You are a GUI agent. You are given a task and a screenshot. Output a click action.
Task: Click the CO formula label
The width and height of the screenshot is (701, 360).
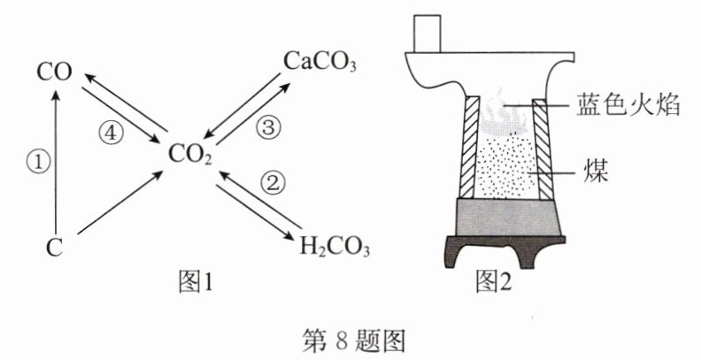tap(55, 73)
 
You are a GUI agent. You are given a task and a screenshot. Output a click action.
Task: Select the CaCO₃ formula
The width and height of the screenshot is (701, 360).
tap(320, 62)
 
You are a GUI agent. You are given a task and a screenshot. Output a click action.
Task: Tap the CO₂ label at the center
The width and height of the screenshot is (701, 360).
tap(190, 154)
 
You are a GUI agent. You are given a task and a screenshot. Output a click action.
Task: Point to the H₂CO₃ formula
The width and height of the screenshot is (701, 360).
tap(335, 247)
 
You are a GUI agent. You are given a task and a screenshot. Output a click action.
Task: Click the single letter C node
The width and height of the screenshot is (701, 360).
tap(54, 248)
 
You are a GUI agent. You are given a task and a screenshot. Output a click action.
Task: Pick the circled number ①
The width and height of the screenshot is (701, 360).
tap(39, 163)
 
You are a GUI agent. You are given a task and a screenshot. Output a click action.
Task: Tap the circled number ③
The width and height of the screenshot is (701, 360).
tap(268, 128)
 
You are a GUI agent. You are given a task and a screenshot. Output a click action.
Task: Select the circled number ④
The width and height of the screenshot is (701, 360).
tap(111, 134)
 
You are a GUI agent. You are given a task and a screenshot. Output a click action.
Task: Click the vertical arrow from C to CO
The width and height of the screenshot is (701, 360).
tap(56, 163)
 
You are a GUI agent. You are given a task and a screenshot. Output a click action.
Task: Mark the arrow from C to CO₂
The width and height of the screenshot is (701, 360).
tap(120, 203)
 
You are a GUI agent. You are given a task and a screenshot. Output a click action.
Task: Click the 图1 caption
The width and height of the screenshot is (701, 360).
tap(195, 282)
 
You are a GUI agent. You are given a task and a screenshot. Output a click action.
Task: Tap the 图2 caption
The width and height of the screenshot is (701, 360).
tap(493, 282)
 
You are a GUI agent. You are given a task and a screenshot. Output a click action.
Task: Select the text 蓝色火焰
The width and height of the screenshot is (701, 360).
tap(628, 105)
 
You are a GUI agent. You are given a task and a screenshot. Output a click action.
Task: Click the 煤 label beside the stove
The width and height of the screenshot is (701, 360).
tap(596, 172)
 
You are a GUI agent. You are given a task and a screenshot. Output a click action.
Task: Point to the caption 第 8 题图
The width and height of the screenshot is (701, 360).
tap(354, 341)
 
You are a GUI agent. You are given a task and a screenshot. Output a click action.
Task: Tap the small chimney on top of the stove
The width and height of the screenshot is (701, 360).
tap(428, 34)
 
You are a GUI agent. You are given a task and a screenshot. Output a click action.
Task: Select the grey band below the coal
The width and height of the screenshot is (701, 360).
tap(508, 217)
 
